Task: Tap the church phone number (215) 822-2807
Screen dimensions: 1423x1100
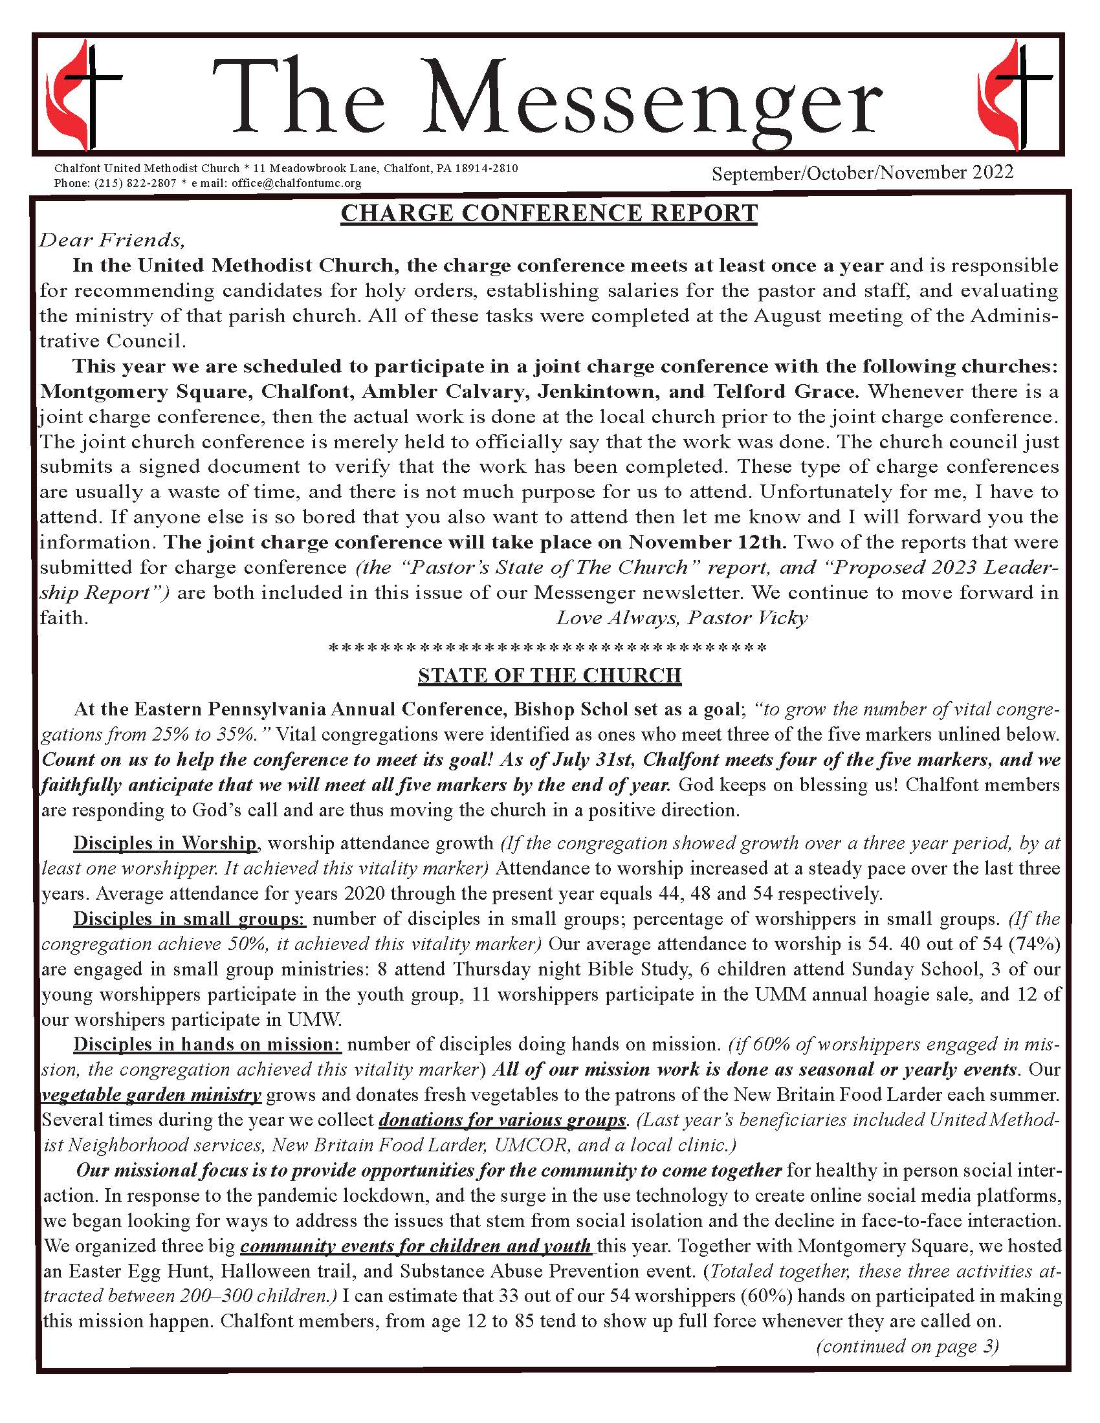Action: pyautogui.click(x=135, y=183)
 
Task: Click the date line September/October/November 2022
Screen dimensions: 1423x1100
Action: pyautogui.click(x=862, y=173)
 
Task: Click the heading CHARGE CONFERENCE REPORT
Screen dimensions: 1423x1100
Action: pyautogui.click(x=549, y=213)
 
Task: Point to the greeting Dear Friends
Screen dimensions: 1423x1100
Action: pyautogui.click(x=112, y=241)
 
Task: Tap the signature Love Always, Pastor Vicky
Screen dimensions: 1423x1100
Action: pyautogui.click(x=681, y=618)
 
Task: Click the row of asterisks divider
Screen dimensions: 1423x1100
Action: pyautogui.click(x=549, y=648)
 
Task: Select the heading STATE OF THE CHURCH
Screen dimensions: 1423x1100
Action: pyautogui.click(x=549, y=676)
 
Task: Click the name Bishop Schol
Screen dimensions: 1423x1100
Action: pyautogui.click(x=571, y=709)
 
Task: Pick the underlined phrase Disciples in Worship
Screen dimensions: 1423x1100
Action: pyautogui.click(x=165, y=843)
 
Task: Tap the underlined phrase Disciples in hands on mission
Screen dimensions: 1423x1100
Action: pyautogui.click(x=207, y=1045)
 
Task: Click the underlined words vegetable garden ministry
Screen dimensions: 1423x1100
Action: pyautogui.click(x=151, y=1094)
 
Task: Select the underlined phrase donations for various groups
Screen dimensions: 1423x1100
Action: pyautogui.click(x=502, y=1120)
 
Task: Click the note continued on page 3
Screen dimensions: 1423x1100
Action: pyautogui.click(x=907, y=1346)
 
